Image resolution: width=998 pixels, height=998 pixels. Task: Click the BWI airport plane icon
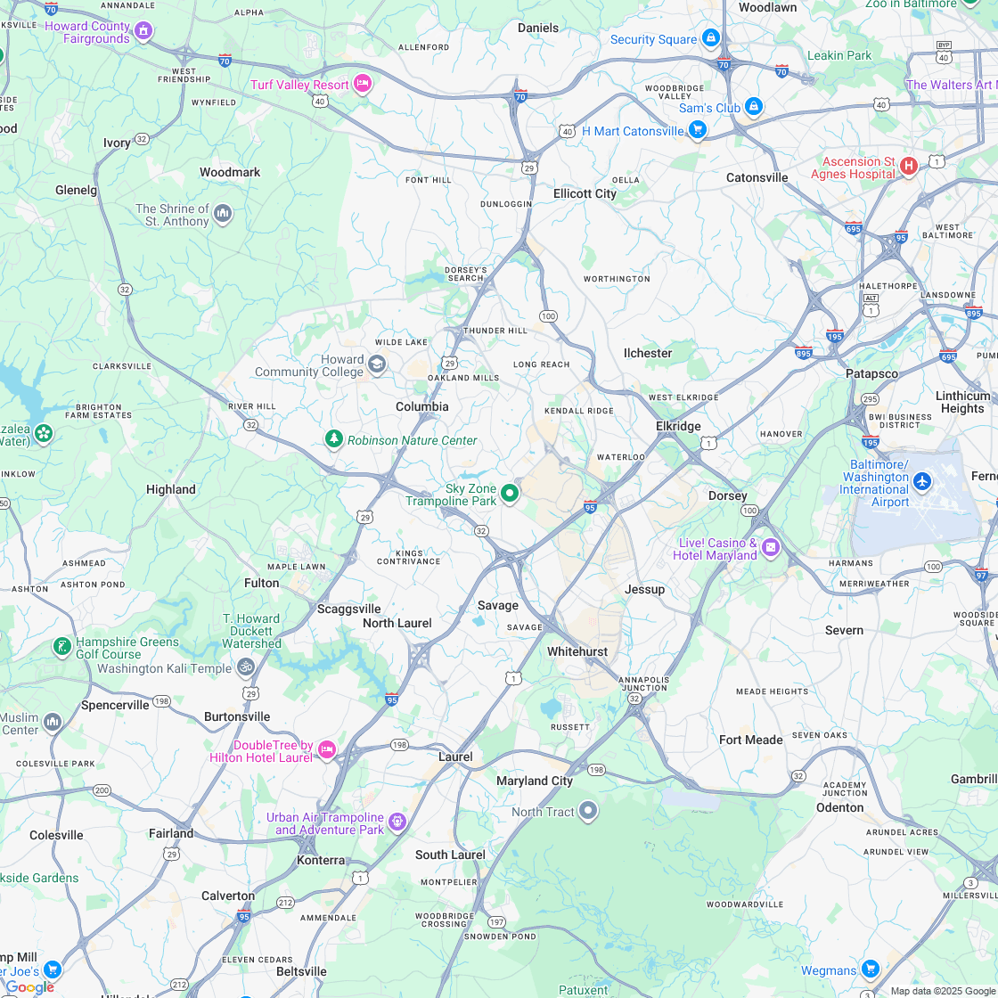922,482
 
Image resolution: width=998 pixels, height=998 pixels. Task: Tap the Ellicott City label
585,193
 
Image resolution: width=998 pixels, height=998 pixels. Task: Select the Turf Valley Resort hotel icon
362,84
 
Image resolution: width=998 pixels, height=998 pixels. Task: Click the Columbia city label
422,406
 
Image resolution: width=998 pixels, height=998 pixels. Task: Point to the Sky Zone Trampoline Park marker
510,493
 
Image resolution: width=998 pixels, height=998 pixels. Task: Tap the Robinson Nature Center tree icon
334,439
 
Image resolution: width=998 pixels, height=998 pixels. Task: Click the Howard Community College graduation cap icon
377,364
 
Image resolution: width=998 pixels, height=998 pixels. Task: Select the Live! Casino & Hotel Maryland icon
771,546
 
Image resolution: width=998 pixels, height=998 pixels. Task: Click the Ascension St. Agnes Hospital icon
909,166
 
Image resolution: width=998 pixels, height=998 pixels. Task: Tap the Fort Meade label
750,740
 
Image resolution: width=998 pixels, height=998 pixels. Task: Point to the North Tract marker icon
588,811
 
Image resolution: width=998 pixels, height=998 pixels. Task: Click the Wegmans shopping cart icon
871,969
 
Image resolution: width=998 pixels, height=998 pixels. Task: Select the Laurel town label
455,757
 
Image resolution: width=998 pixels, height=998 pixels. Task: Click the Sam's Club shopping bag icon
754,106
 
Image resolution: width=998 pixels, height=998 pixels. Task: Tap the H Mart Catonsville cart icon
698,130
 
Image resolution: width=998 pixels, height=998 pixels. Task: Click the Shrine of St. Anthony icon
223,213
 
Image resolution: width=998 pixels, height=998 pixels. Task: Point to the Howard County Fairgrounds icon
143,31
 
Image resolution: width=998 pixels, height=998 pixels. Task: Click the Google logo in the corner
29,986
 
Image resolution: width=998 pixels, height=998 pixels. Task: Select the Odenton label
839,807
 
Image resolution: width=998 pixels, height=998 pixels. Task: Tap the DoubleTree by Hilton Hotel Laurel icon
327,750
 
